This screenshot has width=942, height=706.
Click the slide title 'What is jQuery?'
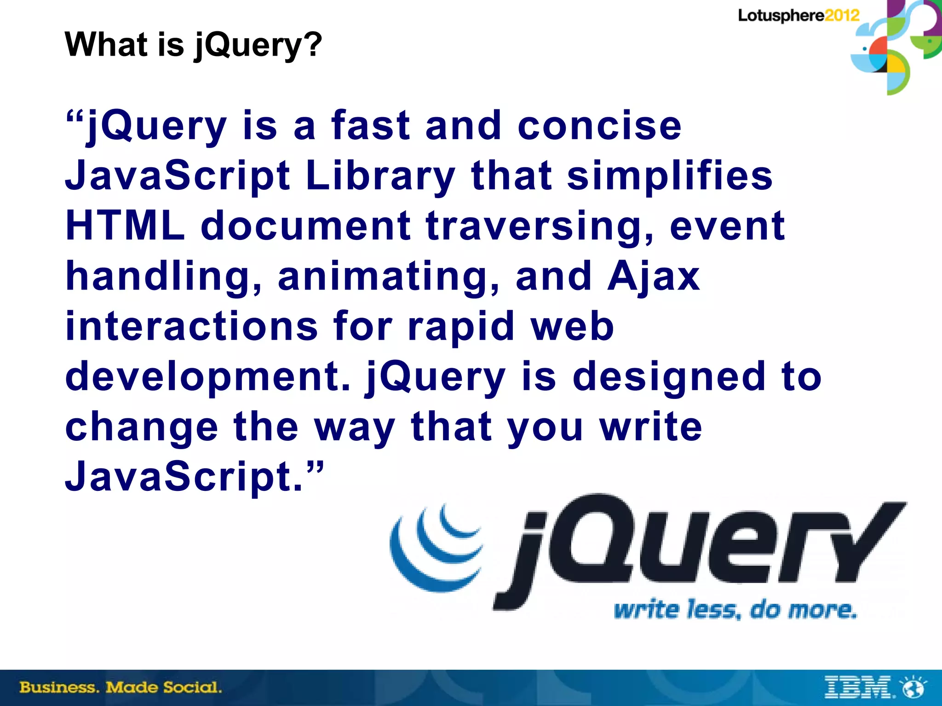click(x=193, y=45)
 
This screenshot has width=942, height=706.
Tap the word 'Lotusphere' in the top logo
click(x=781, y=16)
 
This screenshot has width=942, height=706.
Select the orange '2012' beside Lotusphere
click(x=842, y=16)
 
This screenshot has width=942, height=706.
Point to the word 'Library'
click(x=380, y=176)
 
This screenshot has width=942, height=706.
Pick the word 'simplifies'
click(x=670, y=176)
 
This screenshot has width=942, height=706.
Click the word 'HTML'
click(x=125, y=226)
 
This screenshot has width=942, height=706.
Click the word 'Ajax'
click(x=653, y=277)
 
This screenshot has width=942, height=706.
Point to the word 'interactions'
click(x=191, y=326)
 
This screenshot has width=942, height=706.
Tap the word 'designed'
click(x=669, y=377)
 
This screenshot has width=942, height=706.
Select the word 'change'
click(x=142, y=427)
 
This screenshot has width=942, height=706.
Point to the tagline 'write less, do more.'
click(x=735, y=610)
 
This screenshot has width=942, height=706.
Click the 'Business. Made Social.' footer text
click(x=121, y=688)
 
